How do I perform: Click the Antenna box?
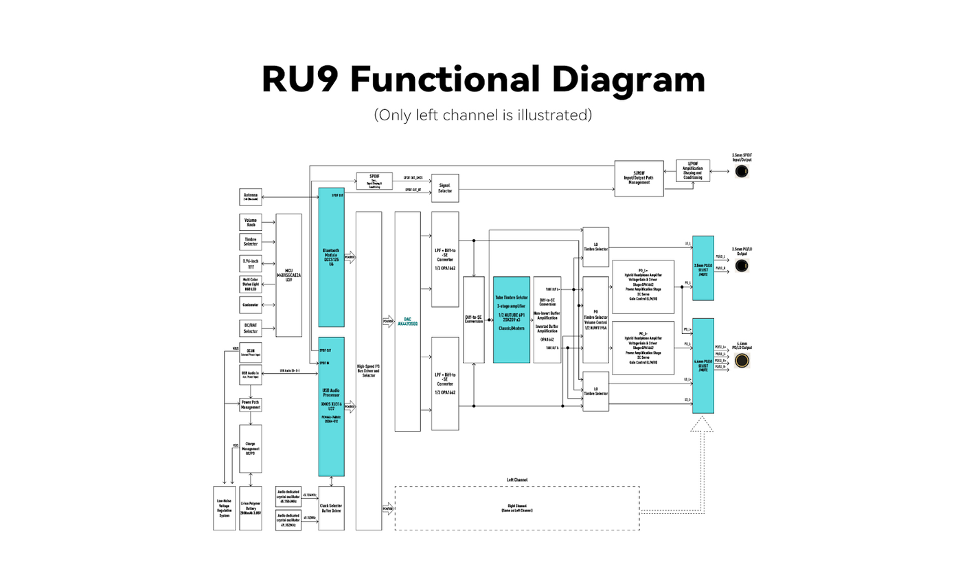tap(251, 197)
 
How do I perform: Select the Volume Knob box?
tap(251, 223)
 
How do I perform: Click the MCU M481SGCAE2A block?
tap(288, 275)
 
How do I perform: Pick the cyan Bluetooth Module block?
tap(331, 257)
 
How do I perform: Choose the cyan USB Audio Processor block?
tap(331, 406)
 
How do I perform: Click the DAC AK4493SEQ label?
tap(407, 321)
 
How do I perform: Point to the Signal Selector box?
tap(445, 188)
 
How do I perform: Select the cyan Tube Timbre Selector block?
tap(512, 320)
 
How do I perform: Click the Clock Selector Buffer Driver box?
tap(331, 508)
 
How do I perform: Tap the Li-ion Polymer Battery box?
tap(251, 508)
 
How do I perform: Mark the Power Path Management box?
tap(251, 405)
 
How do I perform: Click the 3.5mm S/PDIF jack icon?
tap(741, 170)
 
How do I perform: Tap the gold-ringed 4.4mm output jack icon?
tap(742, 359)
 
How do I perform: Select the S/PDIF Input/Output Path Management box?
tap(639, 179)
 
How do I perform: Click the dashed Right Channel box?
tap(516, 509)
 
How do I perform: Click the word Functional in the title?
tap(446, 79)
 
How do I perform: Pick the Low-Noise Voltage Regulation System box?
tap(225, 508)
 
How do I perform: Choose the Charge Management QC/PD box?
tap(251, 448)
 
